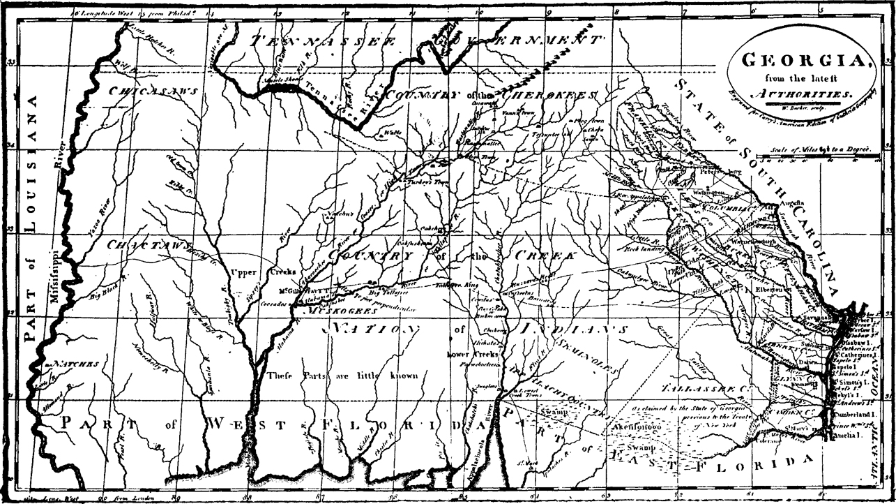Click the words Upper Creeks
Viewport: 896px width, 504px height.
pyautogui.click(x=273, y=272)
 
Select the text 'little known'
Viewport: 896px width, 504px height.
pyautogui.click(x=386, y=376)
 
